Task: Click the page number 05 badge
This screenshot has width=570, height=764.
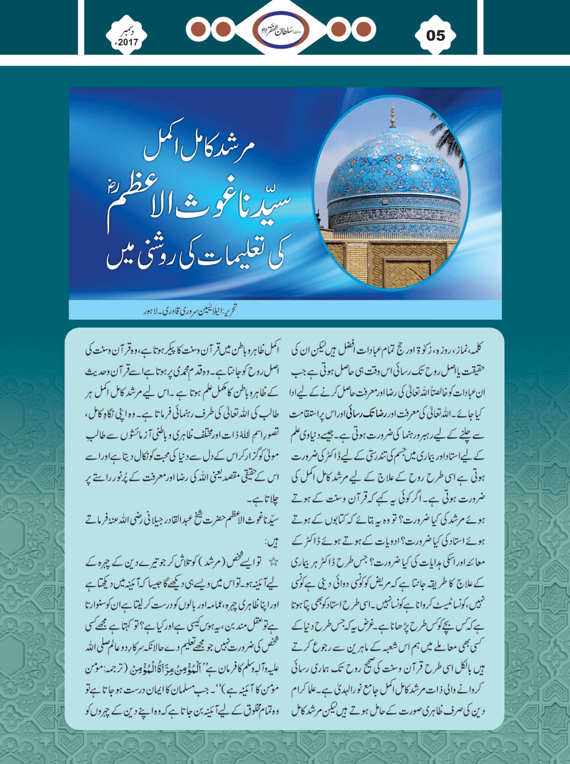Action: pyautogui.click(x=436, y=36)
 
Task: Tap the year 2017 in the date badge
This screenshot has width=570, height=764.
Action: pyautogui.click(x=127, y=42)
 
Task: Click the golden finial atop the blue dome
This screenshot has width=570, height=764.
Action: pyautogui.click(x=393, y=113)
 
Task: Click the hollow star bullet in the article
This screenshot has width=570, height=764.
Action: pyautogui.click(x=273, y=562)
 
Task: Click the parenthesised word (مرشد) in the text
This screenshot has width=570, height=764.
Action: pyautogui.click(x=200, y=562)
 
